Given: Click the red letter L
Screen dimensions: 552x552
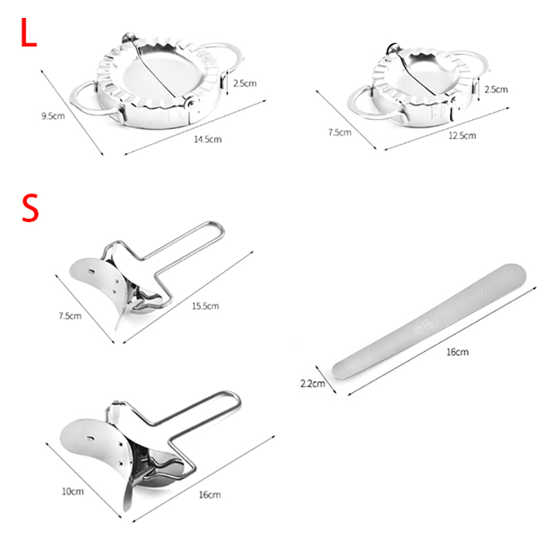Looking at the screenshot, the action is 28,32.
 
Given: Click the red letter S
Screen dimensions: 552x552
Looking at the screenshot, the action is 30,208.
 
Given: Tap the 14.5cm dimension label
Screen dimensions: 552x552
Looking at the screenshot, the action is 208,139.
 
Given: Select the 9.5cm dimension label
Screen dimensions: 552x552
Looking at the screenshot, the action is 53,116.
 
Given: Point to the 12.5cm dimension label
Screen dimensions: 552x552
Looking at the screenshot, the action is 462,135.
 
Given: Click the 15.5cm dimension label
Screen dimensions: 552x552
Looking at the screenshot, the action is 205,306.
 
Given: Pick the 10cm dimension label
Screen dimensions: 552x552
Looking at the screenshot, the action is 73,491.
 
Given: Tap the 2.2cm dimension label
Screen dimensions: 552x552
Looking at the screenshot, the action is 313,384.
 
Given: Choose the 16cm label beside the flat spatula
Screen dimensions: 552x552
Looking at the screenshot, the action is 457,352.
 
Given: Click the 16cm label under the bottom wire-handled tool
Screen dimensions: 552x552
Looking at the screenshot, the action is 210,495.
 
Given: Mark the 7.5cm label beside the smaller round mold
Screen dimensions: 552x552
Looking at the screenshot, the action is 339,132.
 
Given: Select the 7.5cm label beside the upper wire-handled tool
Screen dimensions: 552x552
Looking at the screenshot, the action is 70,316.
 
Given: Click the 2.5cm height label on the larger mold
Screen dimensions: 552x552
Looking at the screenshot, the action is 245,83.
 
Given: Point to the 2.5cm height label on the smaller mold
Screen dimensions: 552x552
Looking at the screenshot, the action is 496,90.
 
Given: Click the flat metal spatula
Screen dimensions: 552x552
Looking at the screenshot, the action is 428,322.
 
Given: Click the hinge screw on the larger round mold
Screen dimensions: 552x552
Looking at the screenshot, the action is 193,103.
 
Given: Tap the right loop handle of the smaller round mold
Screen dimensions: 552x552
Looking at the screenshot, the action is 473,61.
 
